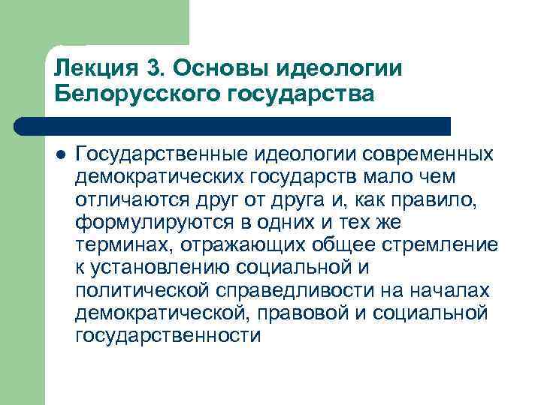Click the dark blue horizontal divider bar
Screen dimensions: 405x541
248,124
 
